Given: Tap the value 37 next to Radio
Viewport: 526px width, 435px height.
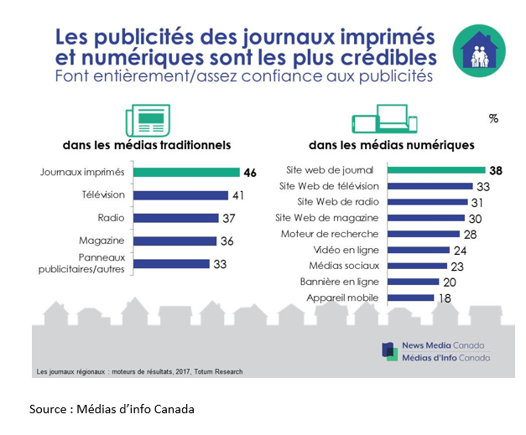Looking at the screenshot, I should click(227, 218).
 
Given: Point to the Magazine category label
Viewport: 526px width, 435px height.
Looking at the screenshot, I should click(102, 241).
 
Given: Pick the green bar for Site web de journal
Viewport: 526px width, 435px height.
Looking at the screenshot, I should click(436, 170).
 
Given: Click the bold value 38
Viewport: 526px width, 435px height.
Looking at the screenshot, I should click(496, 170).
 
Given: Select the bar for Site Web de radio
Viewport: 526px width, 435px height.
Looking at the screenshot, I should click(428, 202).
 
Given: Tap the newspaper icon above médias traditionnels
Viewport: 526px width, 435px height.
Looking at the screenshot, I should click(142, 118).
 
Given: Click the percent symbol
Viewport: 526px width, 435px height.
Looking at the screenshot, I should click(493, 119).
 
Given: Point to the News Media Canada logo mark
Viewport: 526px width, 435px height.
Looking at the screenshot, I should click(389, 351).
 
